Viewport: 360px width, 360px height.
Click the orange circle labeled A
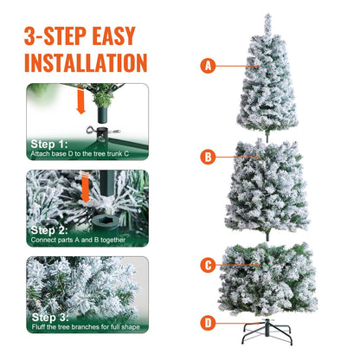[x=208, y=66]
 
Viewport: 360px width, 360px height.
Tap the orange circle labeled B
[x=208, y=157]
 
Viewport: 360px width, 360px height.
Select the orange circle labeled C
[x=208, y=266]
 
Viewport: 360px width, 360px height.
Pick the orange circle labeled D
[x=208, y=324]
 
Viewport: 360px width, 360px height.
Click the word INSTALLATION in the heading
[x=85, y=62]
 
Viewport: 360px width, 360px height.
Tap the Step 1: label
[x=48, y=144]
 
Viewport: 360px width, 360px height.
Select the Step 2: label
[x=48, y=230]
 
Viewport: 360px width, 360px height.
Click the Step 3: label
[x=48, y=317]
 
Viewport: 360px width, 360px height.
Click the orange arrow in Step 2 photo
[x=87, y=188]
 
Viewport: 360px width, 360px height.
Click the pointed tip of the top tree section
[x=268, y=16]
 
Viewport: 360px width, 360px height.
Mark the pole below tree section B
[x=268, y=236]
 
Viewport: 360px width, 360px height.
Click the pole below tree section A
[x=268, y=134]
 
